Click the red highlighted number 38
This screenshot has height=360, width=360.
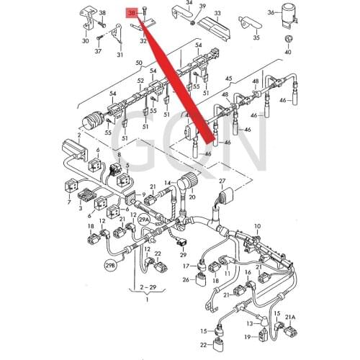pyautogui.click(x=131, y=13)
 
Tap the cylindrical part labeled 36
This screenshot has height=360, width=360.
pyautogui.click(x=290, y=16)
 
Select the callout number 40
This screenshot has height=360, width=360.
pyautogui.click(x=288, y=52)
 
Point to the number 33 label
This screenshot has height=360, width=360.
pyautogui.click(x=217, y=13)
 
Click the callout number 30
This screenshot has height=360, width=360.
pyautogui.click(x=86, y=40)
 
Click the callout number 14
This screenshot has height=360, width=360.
pyautogui.click(x=166, y=184)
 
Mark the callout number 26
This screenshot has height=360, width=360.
pyautogui.click(x=185, y=280)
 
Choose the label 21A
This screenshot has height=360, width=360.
pyautogui.click(x=290, y=318)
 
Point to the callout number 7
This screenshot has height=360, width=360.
pyautogui.click(x=68, y=204)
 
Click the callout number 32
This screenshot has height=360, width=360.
pyautogui.click(x=143, y=41)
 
